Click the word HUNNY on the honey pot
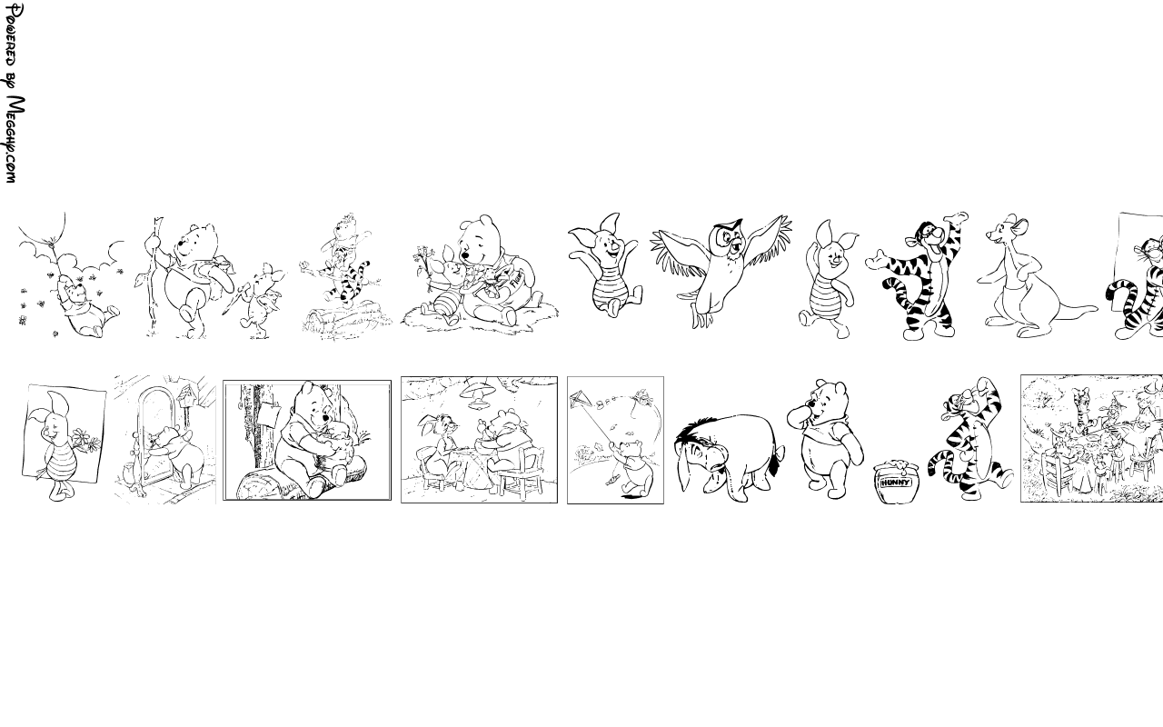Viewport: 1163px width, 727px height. tap(896, 483)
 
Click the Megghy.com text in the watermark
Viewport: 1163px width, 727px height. tap(14, 140)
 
